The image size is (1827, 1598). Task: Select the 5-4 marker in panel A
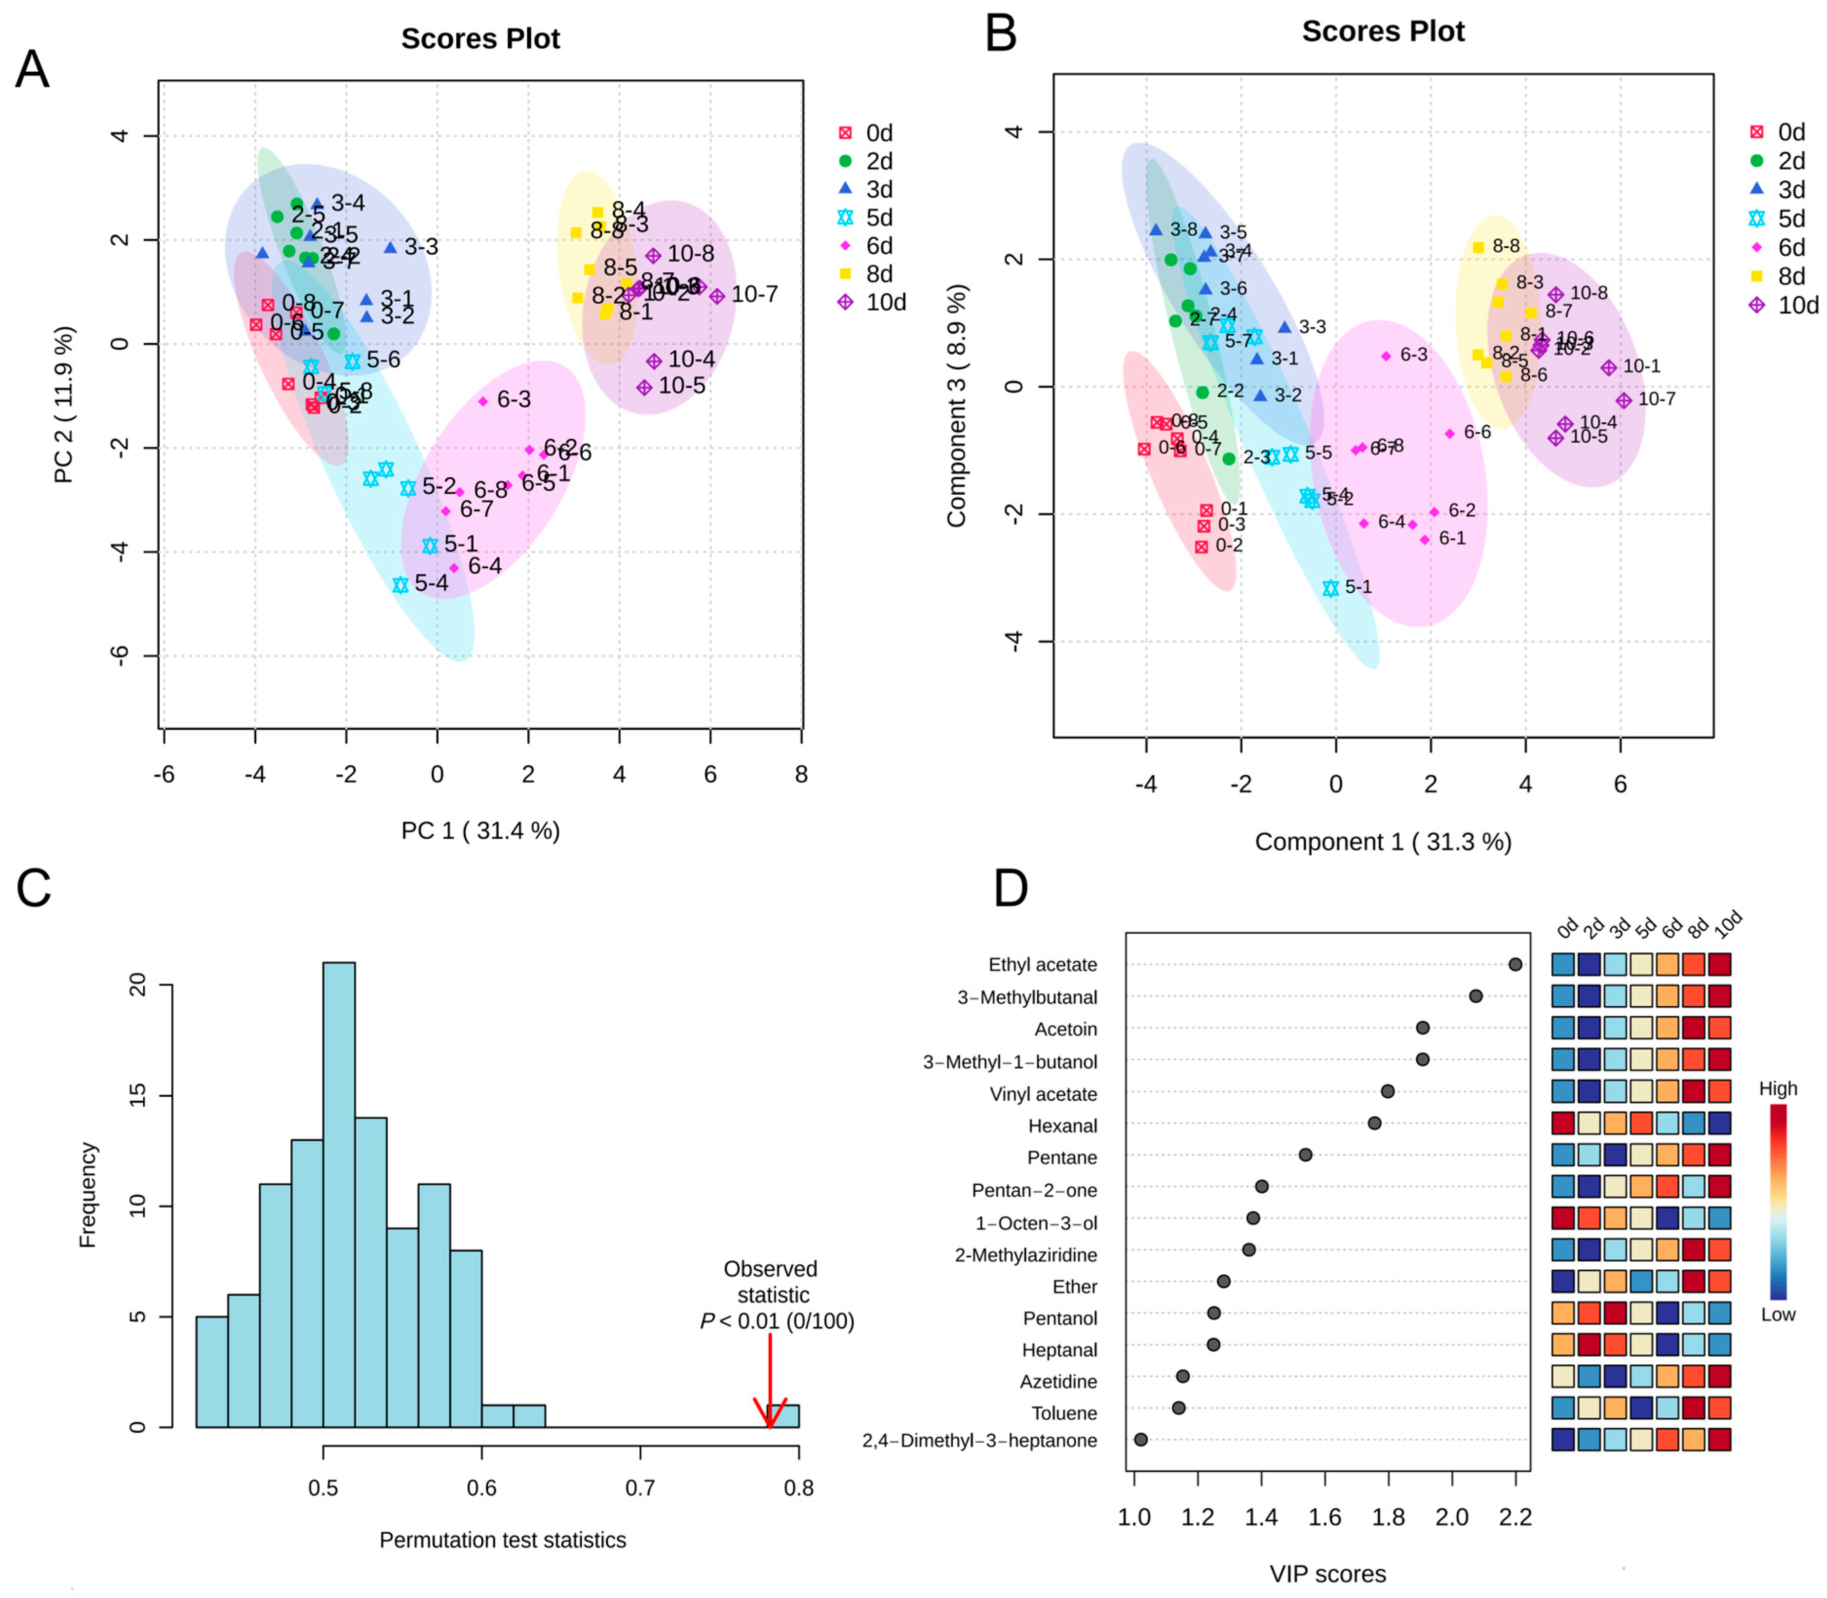(400, 585)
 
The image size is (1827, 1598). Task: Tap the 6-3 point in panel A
(483, 401)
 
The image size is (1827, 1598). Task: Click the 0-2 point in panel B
(1201, 546)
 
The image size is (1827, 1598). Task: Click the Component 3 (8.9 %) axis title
(956, 406)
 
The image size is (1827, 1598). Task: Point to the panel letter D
(1011, 889)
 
